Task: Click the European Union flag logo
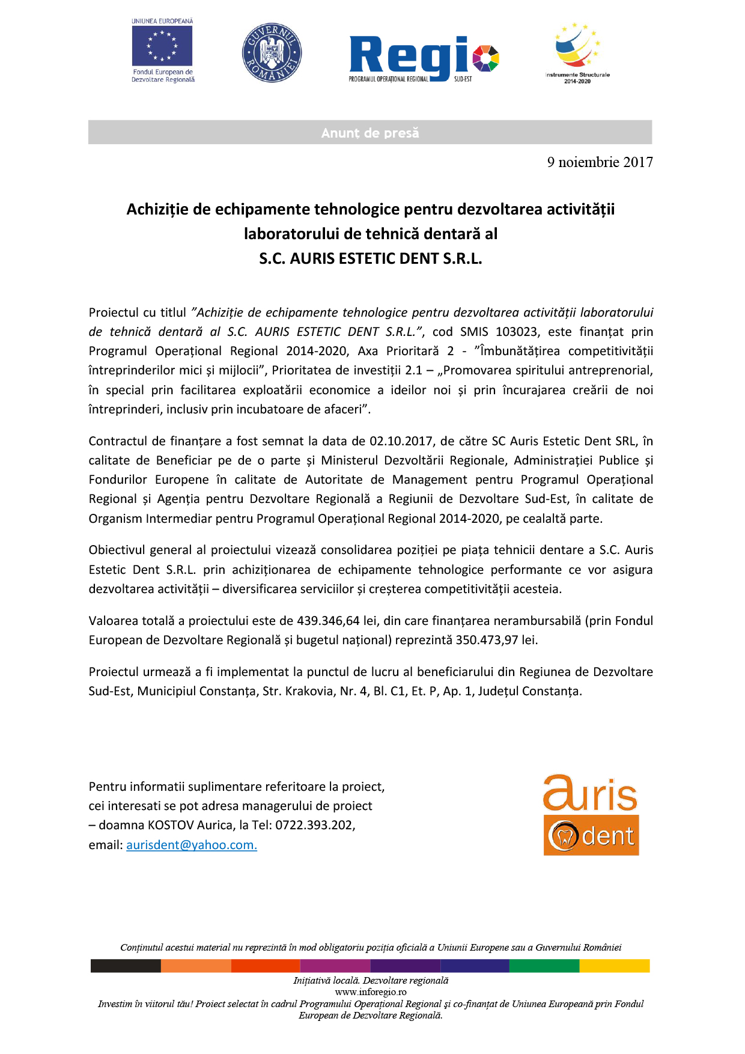pos(162,46)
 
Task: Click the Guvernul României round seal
pos(272,53)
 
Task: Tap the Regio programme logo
pos(424,58)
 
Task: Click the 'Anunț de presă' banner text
pos(370,133)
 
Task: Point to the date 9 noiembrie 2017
pos(600,162)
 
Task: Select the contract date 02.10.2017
pos(401,441)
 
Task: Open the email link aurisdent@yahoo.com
pos(192,845)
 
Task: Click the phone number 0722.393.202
pos(314,825)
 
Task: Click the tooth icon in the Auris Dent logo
pos(564,836)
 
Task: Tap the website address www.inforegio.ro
pos(371,992)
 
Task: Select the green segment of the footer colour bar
pos(544,966)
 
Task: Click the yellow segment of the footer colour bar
pos(614,966)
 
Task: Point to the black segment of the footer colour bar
pos(126,966)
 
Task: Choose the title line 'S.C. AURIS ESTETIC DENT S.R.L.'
pos(371,258)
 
